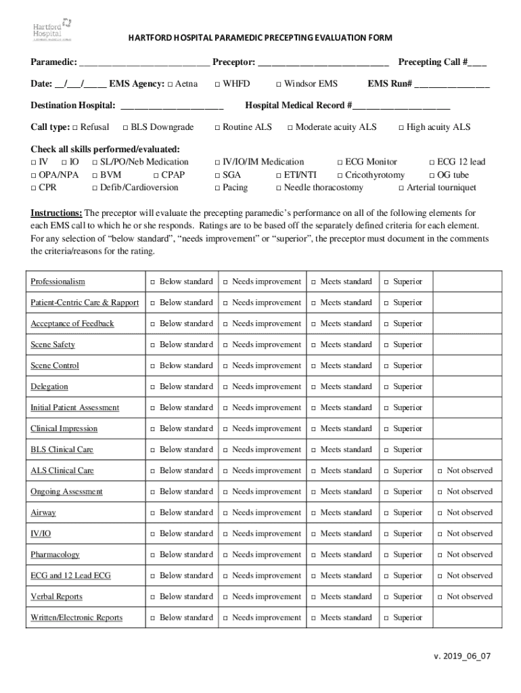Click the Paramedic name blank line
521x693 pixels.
pos(144,64)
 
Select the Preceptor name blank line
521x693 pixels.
pos(323,64)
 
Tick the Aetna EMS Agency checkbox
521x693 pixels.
pos(169,85)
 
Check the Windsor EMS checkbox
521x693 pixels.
pos(278,85)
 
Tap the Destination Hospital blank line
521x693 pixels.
pos(171,107)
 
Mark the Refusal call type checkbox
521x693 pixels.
pos(75,128)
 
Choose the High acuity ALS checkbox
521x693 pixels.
pos(401,128)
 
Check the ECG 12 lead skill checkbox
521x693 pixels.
pos(432,162)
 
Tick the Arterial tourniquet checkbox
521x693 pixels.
pos(401,188)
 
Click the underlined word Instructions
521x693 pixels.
pos(56,213)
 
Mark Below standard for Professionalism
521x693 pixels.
pos(153,282)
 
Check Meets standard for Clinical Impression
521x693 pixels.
pos(314,429)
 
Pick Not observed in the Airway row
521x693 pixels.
pos(440,513)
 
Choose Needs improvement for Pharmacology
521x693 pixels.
pos(226,555)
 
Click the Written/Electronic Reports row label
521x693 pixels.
pos(76,618)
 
